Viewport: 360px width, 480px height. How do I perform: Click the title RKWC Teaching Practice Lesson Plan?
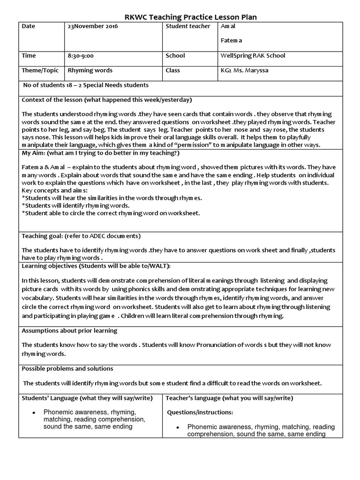tap(190, 17)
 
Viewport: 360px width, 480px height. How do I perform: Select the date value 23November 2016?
tap(93, 27)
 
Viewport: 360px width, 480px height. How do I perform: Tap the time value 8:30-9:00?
tap(81, 56)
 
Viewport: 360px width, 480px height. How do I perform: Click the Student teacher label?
tap(188, 27)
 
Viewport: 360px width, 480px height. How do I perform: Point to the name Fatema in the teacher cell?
tap(232, 41)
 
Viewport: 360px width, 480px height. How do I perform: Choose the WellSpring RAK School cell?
tap(253, 56)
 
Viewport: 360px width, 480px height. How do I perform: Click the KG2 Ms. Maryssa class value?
tap(247, 71)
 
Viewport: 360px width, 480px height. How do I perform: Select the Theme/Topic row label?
tap(40, 71)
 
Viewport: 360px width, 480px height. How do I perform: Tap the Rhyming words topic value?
tap(90, 71)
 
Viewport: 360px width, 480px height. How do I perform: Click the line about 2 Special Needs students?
tap(86, 85)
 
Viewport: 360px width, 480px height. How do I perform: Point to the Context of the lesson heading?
tap(107, 100)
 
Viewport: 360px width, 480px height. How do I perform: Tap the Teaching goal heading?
tap(81, 236)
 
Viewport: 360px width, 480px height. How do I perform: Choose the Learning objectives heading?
tap(96, 266)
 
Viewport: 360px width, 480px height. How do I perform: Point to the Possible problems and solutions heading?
tap(67, 369)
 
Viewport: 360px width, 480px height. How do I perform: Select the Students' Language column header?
tap(87, 398)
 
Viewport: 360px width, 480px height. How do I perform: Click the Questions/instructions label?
tap(200, 413)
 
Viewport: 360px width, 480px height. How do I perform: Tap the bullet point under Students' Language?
tap(34, 412)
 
